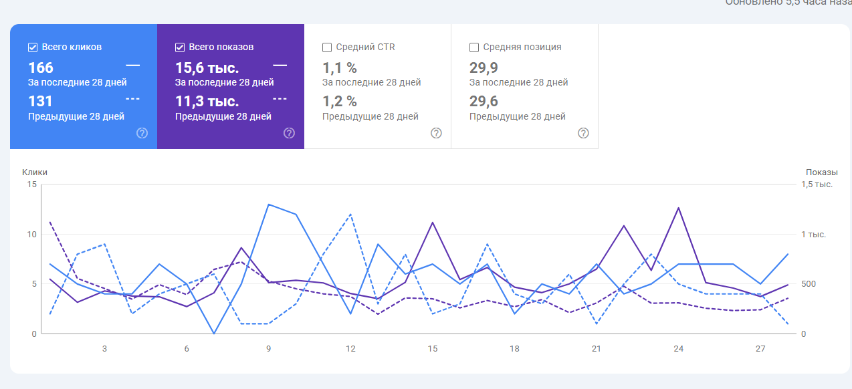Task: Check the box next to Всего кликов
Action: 33,47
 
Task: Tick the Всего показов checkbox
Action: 180,47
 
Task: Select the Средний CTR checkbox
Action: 327,47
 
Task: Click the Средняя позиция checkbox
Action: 474,47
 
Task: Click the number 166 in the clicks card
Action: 41,68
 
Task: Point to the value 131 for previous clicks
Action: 40,102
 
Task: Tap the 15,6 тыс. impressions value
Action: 207,68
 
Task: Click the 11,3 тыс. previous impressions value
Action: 207,102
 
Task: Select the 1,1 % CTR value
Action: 340,68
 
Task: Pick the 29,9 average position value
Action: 484,68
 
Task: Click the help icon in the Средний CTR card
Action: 436,133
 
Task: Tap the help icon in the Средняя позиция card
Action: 583,133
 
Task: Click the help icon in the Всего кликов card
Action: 142,133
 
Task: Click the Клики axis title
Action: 35,172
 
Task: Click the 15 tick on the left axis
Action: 31,184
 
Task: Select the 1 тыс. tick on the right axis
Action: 813,235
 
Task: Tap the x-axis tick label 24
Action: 678,349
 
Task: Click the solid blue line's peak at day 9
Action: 268,205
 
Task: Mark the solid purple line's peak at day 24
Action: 679,208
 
